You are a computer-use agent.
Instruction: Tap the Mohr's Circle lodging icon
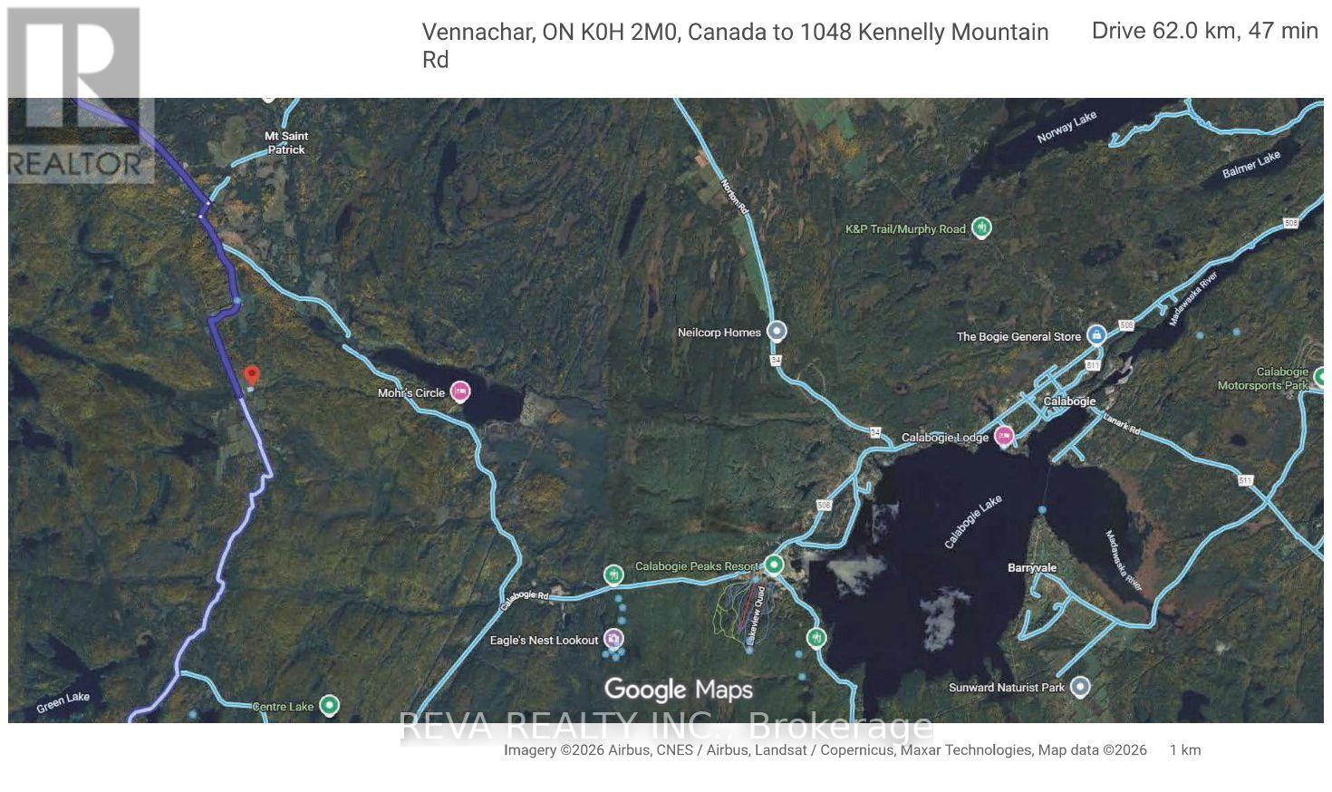tap(460, 392)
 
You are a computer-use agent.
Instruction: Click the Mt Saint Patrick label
tap(285, 142)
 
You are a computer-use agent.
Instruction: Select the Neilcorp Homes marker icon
tap(777, 332)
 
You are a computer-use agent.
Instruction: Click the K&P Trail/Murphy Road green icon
tap(981, 227)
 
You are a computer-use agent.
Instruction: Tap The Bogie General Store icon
tap(1096, 335)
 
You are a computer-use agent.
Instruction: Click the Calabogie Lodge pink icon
tap(1004, 437)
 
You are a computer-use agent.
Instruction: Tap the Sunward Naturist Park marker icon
tap(1079, 687)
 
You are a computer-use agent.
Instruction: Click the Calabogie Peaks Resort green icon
tap(774, 565)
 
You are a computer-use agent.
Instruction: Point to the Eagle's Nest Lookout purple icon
tap(614, 640)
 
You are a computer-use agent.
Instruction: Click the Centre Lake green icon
tap(331, 705)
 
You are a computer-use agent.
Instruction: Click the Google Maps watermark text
tap(678, 691)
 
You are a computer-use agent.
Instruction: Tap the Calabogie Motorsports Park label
tap(1281, 379)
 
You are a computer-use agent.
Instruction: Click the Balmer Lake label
tap(1250, 165)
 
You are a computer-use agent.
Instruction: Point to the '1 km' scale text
tap(1184, 750)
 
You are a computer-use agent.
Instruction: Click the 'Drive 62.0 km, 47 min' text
tap(1204, 31)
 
